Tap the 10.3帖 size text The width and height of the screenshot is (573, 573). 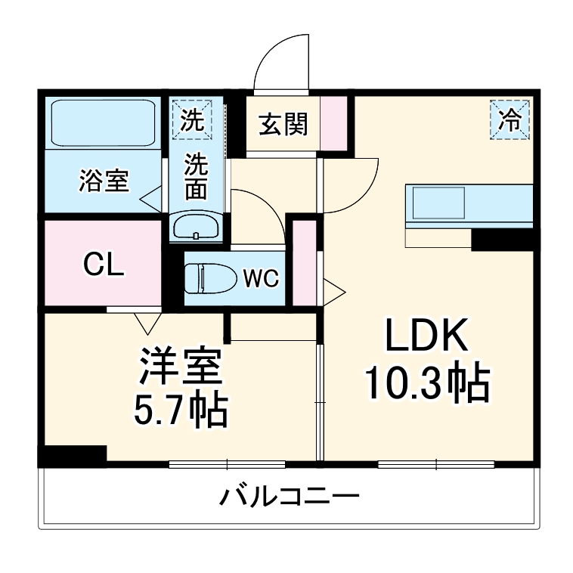point(428,385)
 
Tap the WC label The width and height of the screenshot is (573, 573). point(261,278)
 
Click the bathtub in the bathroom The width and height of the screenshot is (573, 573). point(103,122)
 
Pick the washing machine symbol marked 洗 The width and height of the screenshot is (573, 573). point(196,120)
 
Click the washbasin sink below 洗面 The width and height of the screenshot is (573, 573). point(196,227)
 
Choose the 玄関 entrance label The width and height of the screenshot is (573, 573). point(283,124)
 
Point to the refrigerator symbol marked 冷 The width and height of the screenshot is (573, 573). point(512,119)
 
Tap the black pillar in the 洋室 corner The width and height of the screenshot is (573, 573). point(73,455)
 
